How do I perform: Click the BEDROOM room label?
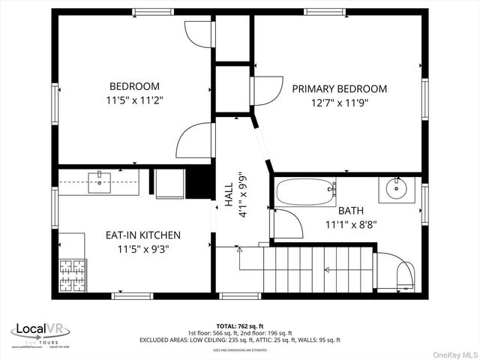[x=135, y=86]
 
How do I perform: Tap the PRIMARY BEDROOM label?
[x=340, y=88]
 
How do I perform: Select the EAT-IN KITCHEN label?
[x=142, y=235]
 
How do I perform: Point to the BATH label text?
[x=350, y=211]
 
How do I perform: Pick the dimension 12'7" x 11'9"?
[x=340, y=103]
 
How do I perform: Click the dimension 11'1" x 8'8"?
[x=350, y=223]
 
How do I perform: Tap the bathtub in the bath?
[x=305, y=193]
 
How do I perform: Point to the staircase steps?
[x=317, y=270]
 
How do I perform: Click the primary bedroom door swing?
[x=265, y=91]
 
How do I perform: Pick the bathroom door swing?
[x=287, y=223]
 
